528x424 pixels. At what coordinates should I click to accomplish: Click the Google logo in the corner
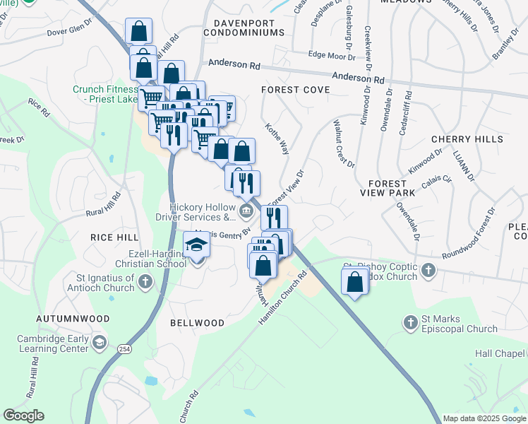click(x=23, y=416)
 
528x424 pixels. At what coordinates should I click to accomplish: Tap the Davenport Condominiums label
click(x=244, y=28)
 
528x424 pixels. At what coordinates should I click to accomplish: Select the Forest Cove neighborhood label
click(x=295, y=90)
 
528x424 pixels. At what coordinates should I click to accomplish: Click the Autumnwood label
click(x=74, y=319)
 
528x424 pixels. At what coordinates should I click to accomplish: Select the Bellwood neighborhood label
click(x=197, y=323)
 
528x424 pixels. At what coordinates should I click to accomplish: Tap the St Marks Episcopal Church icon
click(x=411, y=323)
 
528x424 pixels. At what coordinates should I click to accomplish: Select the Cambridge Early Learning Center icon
click(x=100, y=343)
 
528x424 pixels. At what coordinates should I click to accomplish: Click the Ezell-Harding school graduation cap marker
click(x=197, y=245)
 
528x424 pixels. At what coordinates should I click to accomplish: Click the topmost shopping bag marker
click(x=139, y=31)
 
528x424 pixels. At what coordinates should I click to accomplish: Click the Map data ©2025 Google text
click(x=484, y=418)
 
